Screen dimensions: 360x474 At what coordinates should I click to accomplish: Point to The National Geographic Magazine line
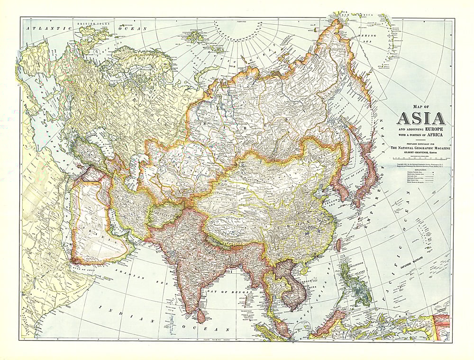(x=420, y=149)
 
